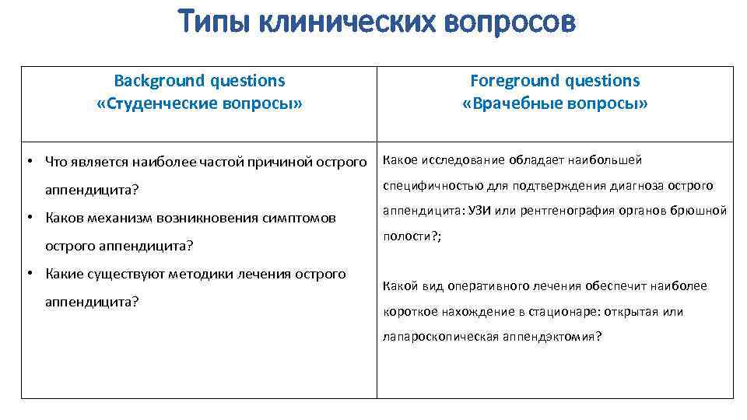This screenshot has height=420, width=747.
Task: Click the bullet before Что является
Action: point(27,162)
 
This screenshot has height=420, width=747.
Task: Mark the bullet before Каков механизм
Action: point(27,218)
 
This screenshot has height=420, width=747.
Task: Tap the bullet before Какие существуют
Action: point(27,274)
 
